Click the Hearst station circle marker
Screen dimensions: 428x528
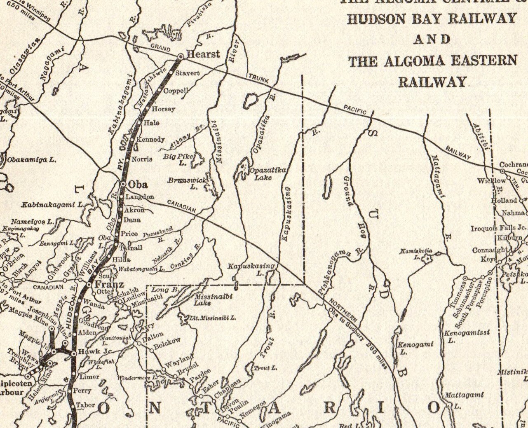click(x=180, y=56)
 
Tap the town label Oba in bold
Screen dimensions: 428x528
click(x=138, y=184)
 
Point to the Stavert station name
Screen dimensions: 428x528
click(x=188, y=73)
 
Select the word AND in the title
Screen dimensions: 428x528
click(x=432, y=40)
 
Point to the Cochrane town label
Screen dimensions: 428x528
click(x=513, y=165)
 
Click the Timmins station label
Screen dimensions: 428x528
click(x=458, y=296)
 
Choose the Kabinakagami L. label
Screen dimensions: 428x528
click(x=53, y=204)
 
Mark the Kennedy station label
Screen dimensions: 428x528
click(x=150, y=139)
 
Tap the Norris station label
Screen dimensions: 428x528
click(x=142, y=159)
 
